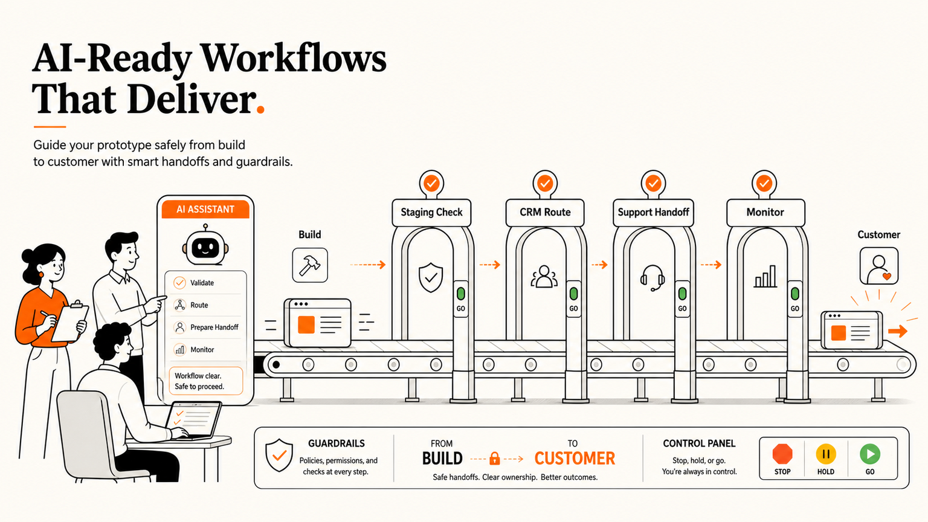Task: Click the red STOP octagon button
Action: [782, 454]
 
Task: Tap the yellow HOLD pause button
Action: [826, 454]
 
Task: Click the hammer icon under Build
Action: [310, 265]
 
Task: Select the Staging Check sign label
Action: [431, 212]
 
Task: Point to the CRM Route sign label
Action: [545, 212]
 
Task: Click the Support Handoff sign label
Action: [653, 212]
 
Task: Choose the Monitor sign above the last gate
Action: [765, 212]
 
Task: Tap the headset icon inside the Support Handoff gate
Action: [652, 278]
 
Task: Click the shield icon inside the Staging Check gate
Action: [431, 277]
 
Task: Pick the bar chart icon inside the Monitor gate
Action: [765, 276]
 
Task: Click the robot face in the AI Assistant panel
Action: [205, 247]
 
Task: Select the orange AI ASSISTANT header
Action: [205, 209]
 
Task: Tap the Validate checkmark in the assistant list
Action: [179, 283]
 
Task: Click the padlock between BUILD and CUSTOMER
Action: [494, 458]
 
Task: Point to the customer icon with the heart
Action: [878, 266]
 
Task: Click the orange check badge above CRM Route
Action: [545, 183]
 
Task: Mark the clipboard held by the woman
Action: [69, 322]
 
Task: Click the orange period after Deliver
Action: [260, 109]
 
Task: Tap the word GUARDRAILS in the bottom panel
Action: [337, 443]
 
